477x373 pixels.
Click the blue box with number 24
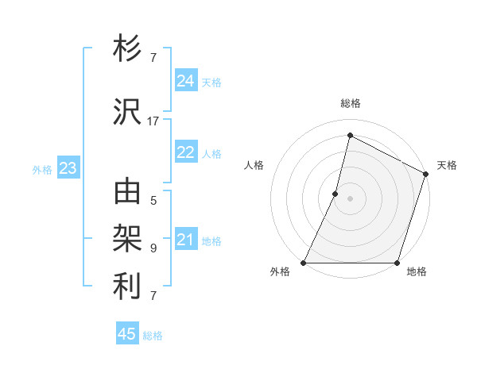pyautogui.click(x=186, y=81)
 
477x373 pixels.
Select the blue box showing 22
pyautogui.click(x=186, y=153)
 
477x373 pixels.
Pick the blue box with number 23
pyautogui.click(x=68, y=168)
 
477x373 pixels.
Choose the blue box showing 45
pyautogui.click(x=127, y=334)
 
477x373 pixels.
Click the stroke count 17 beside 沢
pyautogui.click(x=153, y=121)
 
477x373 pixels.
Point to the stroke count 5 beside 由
pyautogui.click(x=153, y=200)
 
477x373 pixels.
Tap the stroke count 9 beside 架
pyautogui.click(x=153, y=248)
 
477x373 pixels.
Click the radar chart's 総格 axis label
pyautogui.click(x=350, y=103)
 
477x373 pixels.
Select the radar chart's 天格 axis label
pyautogui.click(x=447, y=165)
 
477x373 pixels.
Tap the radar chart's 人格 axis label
pyautogui.click(x=254, y=165)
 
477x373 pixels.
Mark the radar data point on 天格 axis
pyautogui.click(x=426, y=174)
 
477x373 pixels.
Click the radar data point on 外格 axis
pyautogui.click(x=304, y=263)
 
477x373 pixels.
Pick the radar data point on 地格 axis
pyautogui.click(x=397, y=263)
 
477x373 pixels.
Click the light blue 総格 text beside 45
pyautogui.click(x=153, y=336)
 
